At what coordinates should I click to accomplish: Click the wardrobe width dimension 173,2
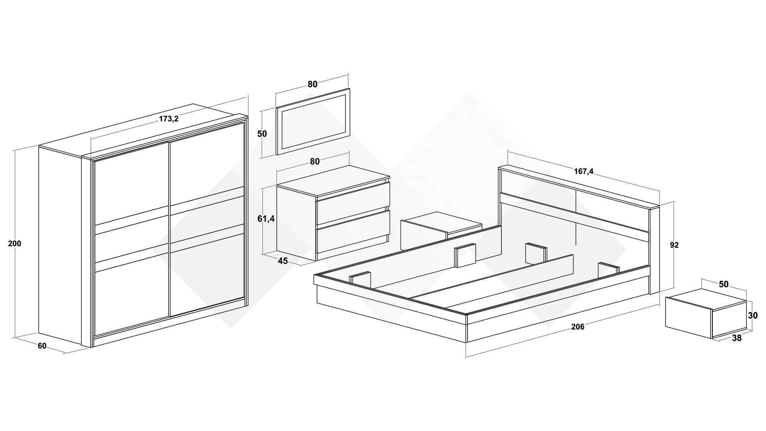pos(169,119)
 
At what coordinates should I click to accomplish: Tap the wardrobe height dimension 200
pos(15,243)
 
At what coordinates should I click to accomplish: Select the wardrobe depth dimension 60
pos(42,346)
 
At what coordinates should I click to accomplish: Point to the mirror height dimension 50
pos(262,134)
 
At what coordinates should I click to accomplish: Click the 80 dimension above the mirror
pos(312,84)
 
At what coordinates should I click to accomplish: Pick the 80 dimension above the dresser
pos(315,161)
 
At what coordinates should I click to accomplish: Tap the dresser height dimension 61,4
pos(266,219)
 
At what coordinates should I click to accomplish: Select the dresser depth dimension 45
pos(282,261)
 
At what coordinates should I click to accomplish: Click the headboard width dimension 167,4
pos(584,171)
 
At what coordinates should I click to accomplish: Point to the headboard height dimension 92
pos(674,245)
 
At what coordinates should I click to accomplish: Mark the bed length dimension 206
pos(578,327)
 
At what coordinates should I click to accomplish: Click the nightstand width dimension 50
pos(724,284)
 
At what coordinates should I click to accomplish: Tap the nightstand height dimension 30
pos(753,316)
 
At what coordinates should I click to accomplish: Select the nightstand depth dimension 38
pos(737,338)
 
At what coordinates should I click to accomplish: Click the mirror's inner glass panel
pos(314,122)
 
